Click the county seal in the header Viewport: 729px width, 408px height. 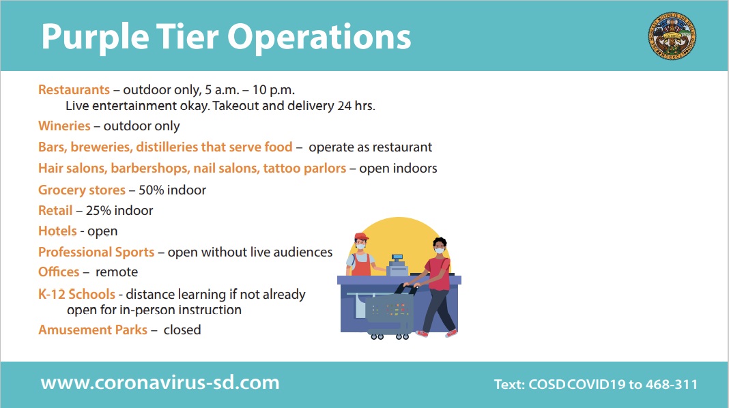[672, 35]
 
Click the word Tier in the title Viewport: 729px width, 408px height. [187, 36]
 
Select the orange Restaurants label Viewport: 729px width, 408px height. [74, 89]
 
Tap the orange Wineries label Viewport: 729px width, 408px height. [64, 126]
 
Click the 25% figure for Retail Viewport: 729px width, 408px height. [98, 211]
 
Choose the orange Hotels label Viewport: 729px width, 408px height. [57, 231]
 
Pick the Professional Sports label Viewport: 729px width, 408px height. [96, 252]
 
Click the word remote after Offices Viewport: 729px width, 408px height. [117, 272]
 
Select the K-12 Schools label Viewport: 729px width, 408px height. [76, 293]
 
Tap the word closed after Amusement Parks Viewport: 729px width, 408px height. [182, 330]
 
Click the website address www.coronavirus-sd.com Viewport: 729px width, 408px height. [160, 383]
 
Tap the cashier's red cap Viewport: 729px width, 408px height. [361, 236]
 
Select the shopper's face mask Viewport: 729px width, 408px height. [439, 250]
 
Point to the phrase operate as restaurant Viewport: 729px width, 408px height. [371, 147]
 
